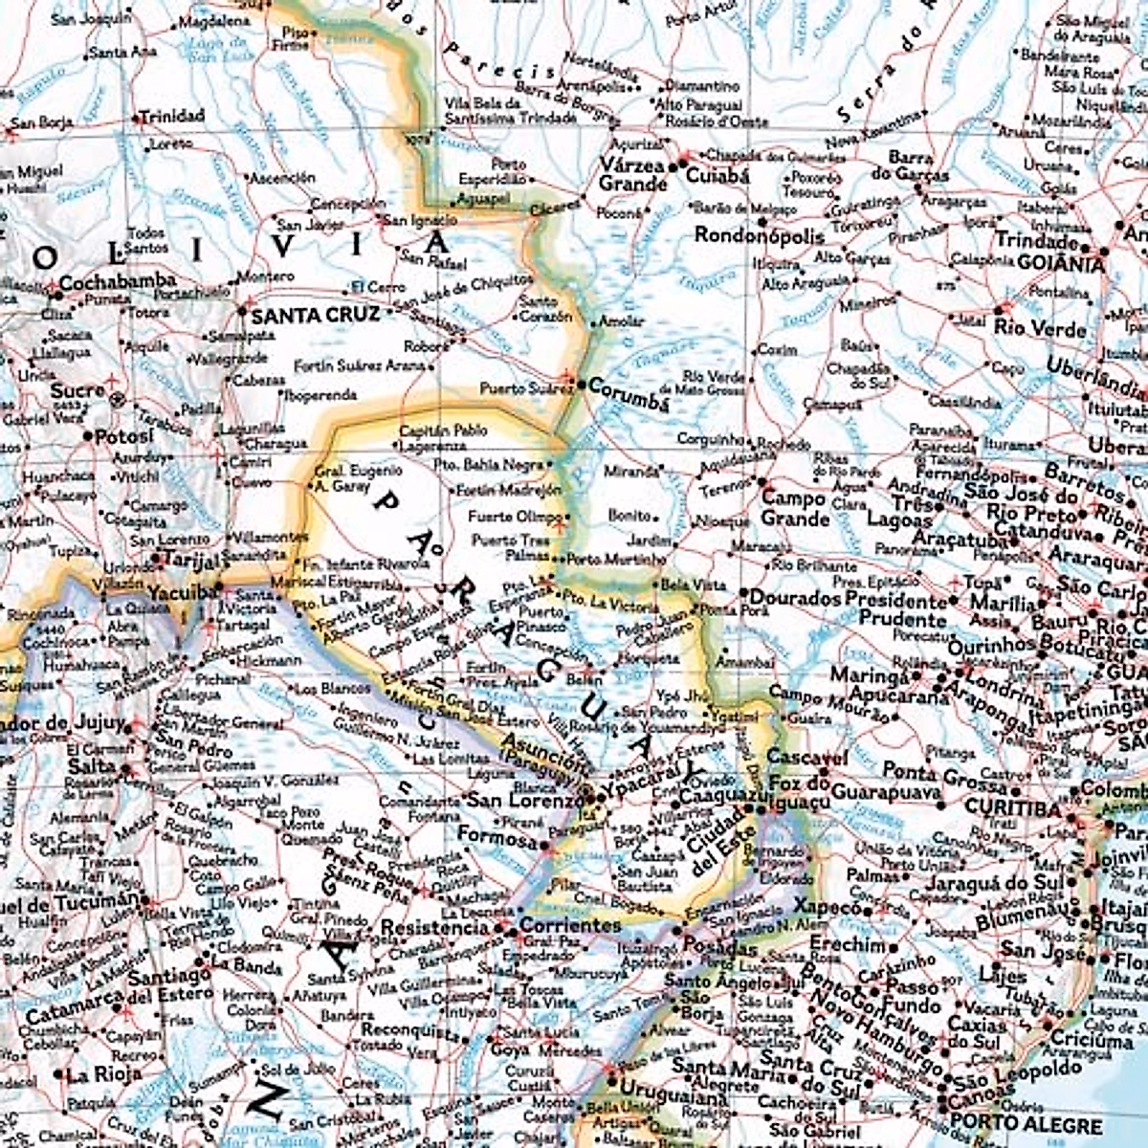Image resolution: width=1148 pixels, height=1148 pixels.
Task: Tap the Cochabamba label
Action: (x=118, y=281)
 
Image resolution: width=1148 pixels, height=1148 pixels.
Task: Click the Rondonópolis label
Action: (x=760, y=235)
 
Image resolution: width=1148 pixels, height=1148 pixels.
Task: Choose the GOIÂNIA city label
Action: (x=1060, y=264)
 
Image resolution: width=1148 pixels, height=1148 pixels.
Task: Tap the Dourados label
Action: (x=794, y=599)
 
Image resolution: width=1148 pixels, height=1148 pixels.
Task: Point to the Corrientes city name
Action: (x=570, y=926)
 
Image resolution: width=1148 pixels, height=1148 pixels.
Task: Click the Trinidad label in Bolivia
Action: (x=172, y=117)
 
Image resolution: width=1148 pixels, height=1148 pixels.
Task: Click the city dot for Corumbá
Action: (x=580, y=385)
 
